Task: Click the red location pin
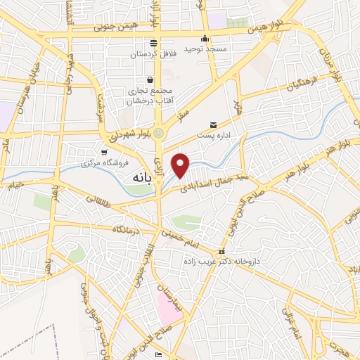pos(181,165)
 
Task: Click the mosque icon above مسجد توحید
pos(205,38)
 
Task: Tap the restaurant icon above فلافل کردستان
pos(153,43)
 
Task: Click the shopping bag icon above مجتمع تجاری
pos(150,80)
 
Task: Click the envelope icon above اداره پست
pos(214,124)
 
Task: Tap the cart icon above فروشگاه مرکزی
pos(104,152)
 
